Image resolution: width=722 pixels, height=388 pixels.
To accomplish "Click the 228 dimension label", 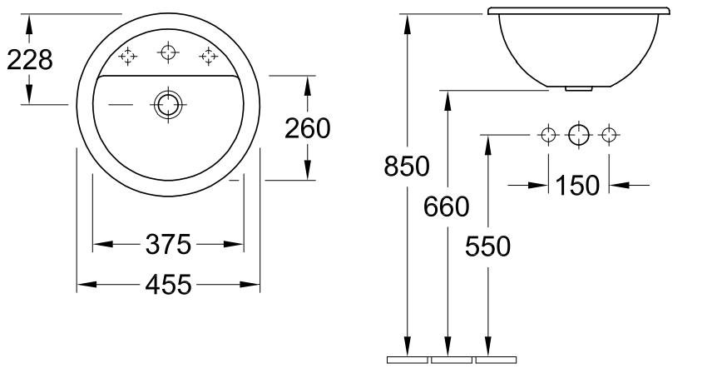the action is pos(30,60).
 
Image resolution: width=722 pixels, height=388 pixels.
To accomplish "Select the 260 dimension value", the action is pos(308,128).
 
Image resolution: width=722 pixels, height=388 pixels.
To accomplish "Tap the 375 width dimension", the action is pos(168,244).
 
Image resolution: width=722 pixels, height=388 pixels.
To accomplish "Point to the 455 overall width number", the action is pos(168,284).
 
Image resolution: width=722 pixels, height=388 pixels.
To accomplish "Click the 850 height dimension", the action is pos(407,166).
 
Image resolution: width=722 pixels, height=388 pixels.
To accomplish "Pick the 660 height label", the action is pos(446,206).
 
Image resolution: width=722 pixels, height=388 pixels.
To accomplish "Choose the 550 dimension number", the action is pos(487,246).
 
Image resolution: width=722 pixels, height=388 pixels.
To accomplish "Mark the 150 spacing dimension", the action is pos(577,185).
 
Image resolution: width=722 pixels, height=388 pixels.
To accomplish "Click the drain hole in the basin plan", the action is pos(168,104).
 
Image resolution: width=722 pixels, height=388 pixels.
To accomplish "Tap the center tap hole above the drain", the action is pos(168,52).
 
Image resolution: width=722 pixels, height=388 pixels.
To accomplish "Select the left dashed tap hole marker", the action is pos(127,56).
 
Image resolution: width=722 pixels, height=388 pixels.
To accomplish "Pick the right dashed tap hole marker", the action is pos(209,56).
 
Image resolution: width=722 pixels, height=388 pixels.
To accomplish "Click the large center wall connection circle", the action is pos(579,135).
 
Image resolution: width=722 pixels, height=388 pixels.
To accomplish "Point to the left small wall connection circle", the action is pos(548,135).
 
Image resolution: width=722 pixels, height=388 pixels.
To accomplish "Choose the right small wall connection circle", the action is pos(609,135).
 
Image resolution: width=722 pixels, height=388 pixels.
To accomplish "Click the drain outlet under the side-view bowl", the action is pos(578,88).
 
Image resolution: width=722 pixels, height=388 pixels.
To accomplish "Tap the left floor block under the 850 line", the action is pos(408,360).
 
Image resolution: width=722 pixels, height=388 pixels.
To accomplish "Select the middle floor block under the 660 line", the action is pos(452,360).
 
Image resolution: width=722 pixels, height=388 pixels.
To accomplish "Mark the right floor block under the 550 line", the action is pos(496,360).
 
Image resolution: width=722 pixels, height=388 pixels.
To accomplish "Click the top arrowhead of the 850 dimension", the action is pos(407,24).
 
